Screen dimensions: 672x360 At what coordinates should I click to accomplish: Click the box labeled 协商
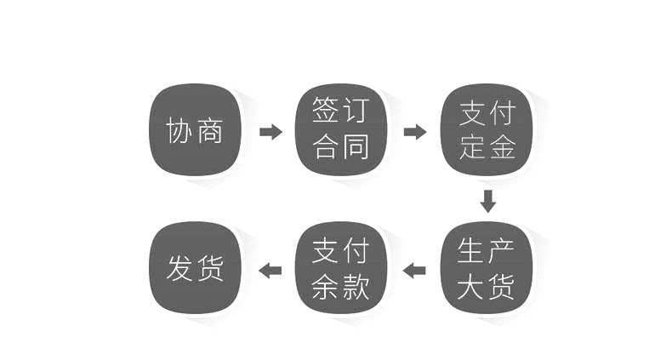click(x=195, y=130)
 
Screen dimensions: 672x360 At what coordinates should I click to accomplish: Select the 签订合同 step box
click(x=341, y=130)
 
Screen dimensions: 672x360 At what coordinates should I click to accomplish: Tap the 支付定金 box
click(x=487, y=130)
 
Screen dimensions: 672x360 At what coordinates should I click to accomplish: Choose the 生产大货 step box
click(x=487, y=268)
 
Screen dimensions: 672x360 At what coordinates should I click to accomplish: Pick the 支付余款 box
click(x=341, y=268)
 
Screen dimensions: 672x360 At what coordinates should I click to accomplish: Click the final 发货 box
click(x=195, y=268)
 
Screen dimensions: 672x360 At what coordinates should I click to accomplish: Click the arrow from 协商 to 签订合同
click(x=271, y=132)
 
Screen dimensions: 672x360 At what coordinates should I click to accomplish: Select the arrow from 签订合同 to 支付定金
click(x=415, y=132)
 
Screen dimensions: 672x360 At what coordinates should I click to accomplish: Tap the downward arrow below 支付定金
click(x=487, y=201)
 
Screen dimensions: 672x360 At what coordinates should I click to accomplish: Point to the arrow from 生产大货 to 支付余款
click(x=414, y=271)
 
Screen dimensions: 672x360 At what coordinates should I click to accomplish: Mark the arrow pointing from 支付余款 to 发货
click(x=271, y=271)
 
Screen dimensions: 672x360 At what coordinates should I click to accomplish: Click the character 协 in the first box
click(x=179, y=130)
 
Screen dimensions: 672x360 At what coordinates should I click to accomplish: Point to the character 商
click(x=209, y=130)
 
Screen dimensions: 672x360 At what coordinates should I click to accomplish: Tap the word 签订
click(x=341, y=110)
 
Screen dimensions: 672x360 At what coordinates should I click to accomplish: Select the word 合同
click(x=341, y=147)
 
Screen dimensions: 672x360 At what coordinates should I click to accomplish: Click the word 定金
click(x=487, y=147)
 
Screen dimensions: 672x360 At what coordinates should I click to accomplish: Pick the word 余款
click(x=341, y=286)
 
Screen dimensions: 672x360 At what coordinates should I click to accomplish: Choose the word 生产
click(x=486, y=250)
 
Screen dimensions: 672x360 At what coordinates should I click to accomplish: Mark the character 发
click(x=179, y=268)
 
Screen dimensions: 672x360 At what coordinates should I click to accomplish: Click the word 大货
click(x=486, y=286)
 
